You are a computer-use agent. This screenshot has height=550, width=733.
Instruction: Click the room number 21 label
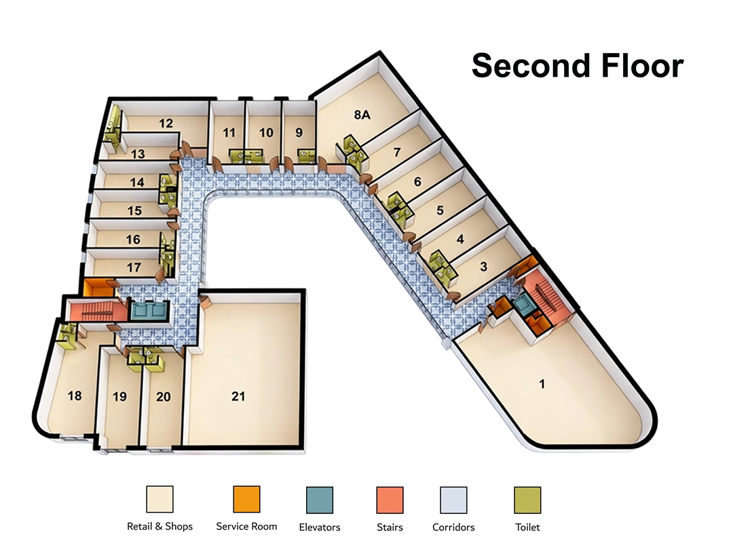point(238,397)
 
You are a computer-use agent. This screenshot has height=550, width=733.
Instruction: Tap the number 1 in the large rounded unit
point(542,384)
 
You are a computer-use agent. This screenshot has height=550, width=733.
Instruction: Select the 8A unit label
point(362,115)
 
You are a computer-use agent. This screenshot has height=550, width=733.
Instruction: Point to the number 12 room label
point(166,123)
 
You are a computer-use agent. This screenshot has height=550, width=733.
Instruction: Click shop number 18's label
point(75,396)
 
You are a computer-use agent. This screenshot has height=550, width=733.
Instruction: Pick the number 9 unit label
point(299,132)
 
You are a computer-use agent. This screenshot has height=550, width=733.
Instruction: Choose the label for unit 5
point(440,210)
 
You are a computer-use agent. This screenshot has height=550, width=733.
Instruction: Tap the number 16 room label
point(133,240)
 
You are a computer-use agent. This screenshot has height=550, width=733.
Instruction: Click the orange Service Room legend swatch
point(246,500)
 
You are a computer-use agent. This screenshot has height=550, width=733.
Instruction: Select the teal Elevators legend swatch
point(320,500)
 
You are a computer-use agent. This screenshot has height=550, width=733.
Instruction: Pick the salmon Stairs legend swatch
point(390,500)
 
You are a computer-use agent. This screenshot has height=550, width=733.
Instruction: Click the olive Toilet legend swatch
point(528,500)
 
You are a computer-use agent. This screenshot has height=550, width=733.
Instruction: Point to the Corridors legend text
point(453,527)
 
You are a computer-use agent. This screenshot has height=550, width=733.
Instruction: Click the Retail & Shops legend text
point(160,527)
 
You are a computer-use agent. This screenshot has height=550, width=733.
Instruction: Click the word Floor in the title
point(643,65)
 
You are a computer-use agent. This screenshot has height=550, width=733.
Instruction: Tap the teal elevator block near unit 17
point(149,311)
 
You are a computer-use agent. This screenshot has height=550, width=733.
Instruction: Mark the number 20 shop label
point(163,397)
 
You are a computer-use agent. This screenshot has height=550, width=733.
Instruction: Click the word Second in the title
point(533,65)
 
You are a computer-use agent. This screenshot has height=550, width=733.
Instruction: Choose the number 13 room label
point(138,154)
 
